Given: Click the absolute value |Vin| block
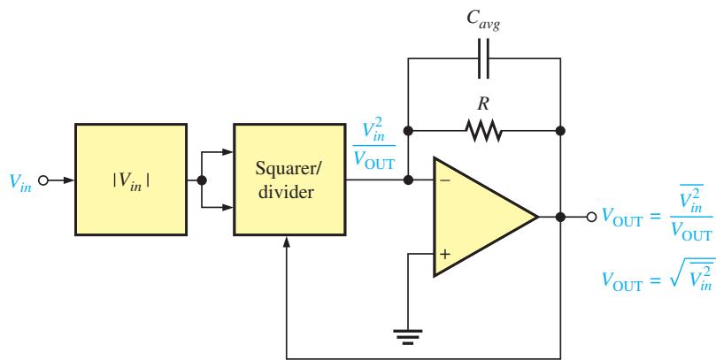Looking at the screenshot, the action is [131, 180].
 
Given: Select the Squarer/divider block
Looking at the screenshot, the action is [289, 180].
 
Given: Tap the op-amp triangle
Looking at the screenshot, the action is [485, 217].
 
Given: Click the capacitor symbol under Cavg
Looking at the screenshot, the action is [483, 58].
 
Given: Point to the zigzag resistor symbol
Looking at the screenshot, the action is [483, 131].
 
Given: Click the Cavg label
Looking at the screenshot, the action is [483, 20].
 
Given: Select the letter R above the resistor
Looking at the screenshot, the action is [483, 104].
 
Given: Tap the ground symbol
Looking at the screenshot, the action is [408, 336].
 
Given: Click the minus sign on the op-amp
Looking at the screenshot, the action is [445, 180].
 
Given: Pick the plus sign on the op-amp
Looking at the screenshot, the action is [445, 254].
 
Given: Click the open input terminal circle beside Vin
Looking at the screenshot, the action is [42, 180].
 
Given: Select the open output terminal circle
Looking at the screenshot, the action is [591, 218].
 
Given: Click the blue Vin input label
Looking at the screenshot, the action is [20, 181].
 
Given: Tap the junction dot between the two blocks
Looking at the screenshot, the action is [202, 180].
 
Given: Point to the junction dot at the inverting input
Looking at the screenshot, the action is [408, 180].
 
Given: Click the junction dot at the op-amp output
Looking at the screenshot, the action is [561, 218].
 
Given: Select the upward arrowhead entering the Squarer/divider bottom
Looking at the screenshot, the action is [286, 242].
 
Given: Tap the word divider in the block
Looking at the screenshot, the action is [286, 192].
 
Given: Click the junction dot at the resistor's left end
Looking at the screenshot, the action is [408, 131].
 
